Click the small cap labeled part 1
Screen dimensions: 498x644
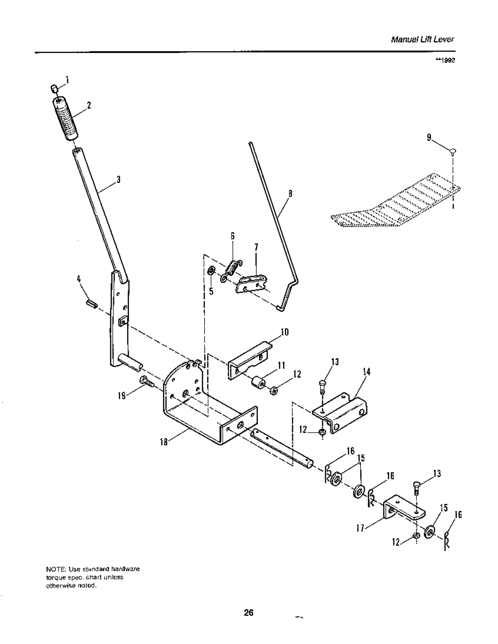53,89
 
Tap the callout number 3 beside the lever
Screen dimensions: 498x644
118,180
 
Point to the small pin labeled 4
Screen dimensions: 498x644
91,304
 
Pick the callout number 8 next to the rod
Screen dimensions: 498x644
290,194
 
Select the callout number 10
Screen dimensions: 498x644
285,332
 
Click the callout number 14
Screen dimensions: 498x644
367,372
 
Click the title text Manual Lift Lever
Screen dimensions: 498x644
423,40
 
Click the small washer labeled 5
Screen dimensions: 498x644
212,270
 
